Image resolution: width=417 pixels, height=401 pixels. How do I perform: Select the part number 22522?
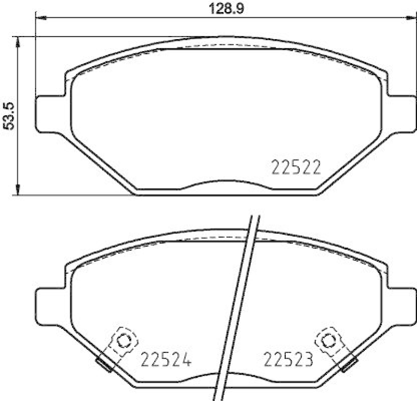coord(295,167)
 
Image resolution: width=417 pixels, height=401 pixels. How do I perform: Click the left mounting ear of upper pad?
coord(50,114)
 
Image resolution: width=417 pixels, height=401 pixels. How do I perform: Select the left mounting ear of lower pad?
coord(50,306)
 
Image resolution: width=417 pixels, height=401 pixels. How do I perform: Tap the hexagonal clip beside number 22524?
coord(124,341)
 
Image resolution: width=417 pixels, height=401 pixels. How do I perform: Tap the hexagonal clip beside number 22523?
coord(328,341)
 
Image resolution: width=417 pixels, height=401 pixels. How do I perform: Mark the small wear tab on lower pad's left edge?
coord(102,363)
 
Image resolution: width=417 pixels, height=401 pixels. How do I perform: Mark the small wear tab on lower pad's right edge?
coord(349,363)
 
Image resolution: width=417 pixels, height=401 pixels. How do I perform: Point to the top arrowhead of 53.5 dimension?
coord(19,41)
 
